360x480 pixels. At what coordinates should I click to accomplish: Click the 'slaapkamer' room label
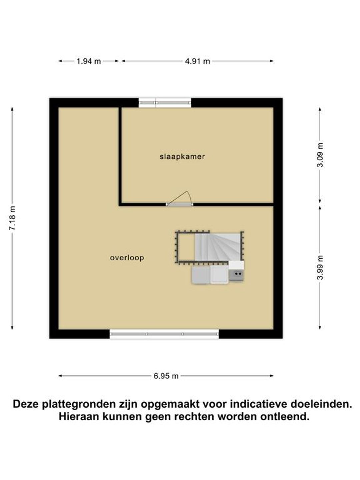(x=182, y=157)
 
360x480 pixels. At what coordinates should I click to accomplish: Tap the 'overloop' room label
(x=127, y=258)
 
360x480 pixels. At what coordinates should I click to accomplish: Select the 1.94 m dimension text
(x=89, y=61)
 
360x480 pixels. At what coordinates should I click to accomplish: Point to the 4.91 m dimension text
(x=197, y=61)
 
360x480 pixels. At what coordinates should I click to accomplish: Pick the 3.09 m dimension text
(x=320, y=155)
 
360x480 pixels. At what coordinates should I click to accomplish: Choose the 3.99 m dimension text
(x=320, y=268)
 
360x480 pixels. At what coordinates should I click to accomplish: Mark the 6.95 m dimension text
(x=166, y=376)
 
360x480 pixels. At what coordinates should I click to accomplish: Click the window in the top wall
(x=165, y=103)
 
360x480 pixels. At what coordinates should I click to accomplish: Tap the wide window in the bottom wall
(x=164, y=334)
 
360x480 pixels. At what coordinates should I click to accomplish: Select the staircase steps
(x=218, y=247)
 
